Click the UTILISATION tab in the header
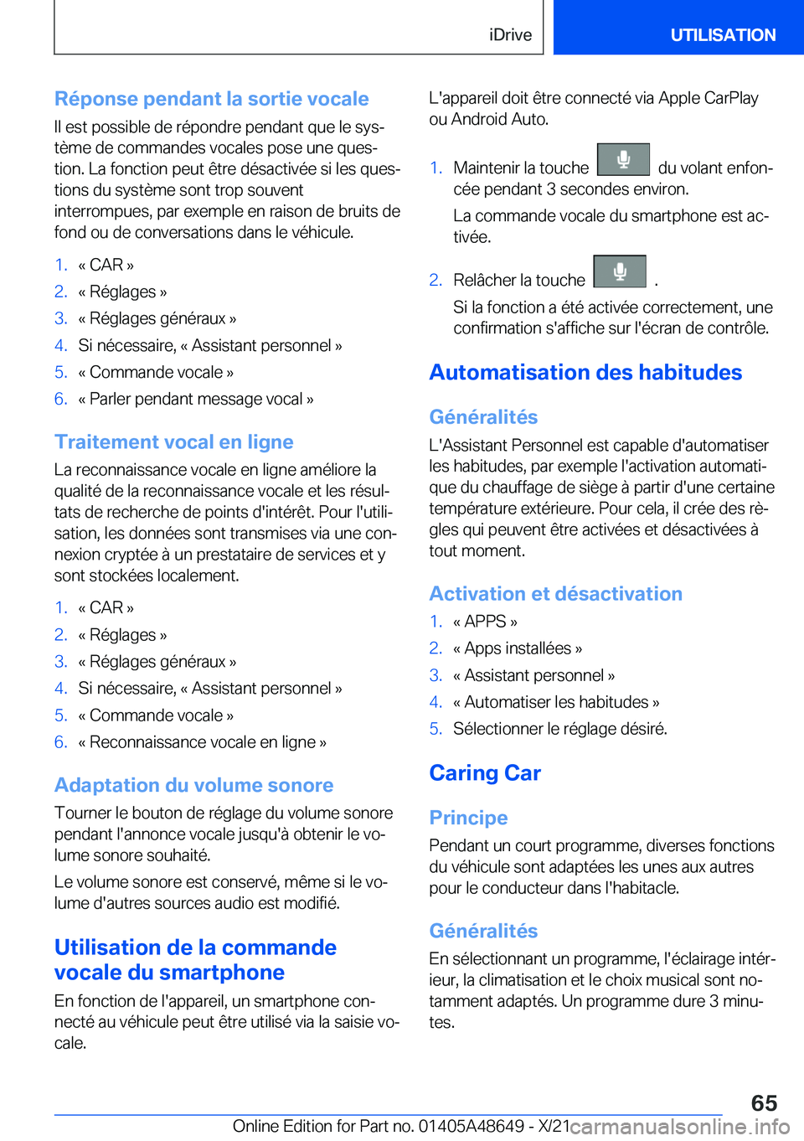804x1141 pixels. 722,35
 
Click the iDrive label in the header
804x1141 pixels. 510,35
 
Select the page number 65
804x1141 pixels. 763,1102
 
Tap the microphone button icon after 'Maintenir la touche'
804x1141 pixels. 623,159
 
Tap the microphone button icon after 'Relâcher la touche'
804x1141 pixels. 620,271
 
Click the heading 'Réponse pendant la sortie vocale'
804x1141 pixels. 211,99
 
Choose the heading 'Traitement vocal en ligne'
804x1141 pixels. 173,441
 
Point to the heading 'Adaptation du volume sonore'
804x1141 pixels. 193,785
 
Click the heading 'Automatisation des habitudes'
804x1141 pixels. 585,372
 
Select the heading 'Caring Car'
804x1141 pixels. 485,772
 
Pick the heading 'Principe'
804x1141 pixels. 468,818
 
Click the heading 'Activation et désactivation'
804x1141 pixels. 555,594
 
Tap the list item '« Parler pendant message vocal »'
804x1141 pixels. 195,399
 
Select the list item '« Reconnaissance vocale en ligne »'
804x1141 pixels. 202,742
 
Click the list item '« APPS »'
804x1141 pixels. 485,622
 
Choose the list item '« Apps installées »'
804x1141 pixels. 518,648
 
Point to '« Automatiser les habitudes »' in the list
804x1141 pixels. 556,702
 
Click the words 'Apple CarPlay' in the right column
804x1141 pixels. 708,98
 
